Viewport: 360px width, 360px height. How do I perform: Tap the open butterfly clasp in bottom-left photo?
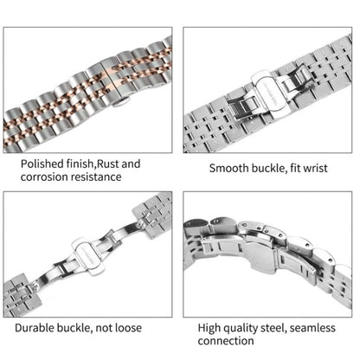90,260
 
